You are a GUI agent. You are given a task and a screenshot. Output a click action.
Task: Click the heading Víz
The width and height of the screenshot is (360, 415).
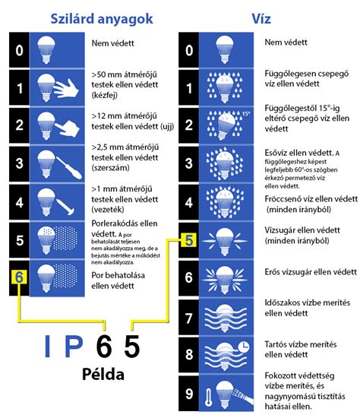263,16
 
